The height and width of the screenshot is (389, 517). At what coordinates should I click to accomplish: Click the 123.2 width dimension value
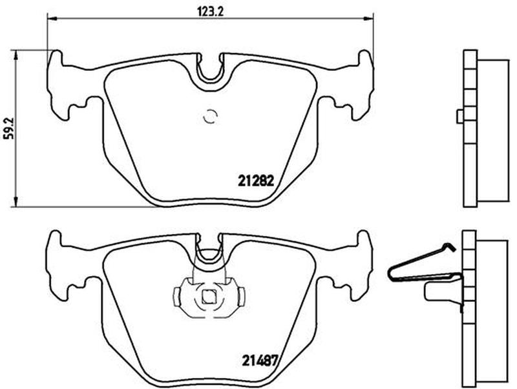[211, 12]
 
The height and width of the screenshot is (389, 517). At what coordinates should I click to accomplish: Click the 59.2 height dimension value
[8, 128]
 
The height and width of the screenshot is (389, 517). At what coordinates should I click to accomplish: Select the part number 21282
[256, 181]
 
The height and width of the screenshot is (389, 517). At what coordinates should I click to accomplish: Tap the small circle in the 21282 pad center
[211, 116]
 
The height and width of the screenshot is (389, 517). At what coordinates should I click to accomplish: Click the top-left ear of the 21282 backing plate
[56, 59]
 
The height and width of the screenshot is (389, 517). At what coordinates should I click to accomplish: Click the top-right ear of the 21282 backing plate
[365, 59]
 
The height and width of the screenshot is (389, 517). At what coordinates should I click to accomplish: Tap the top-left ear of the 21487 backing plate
[56, 239]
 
